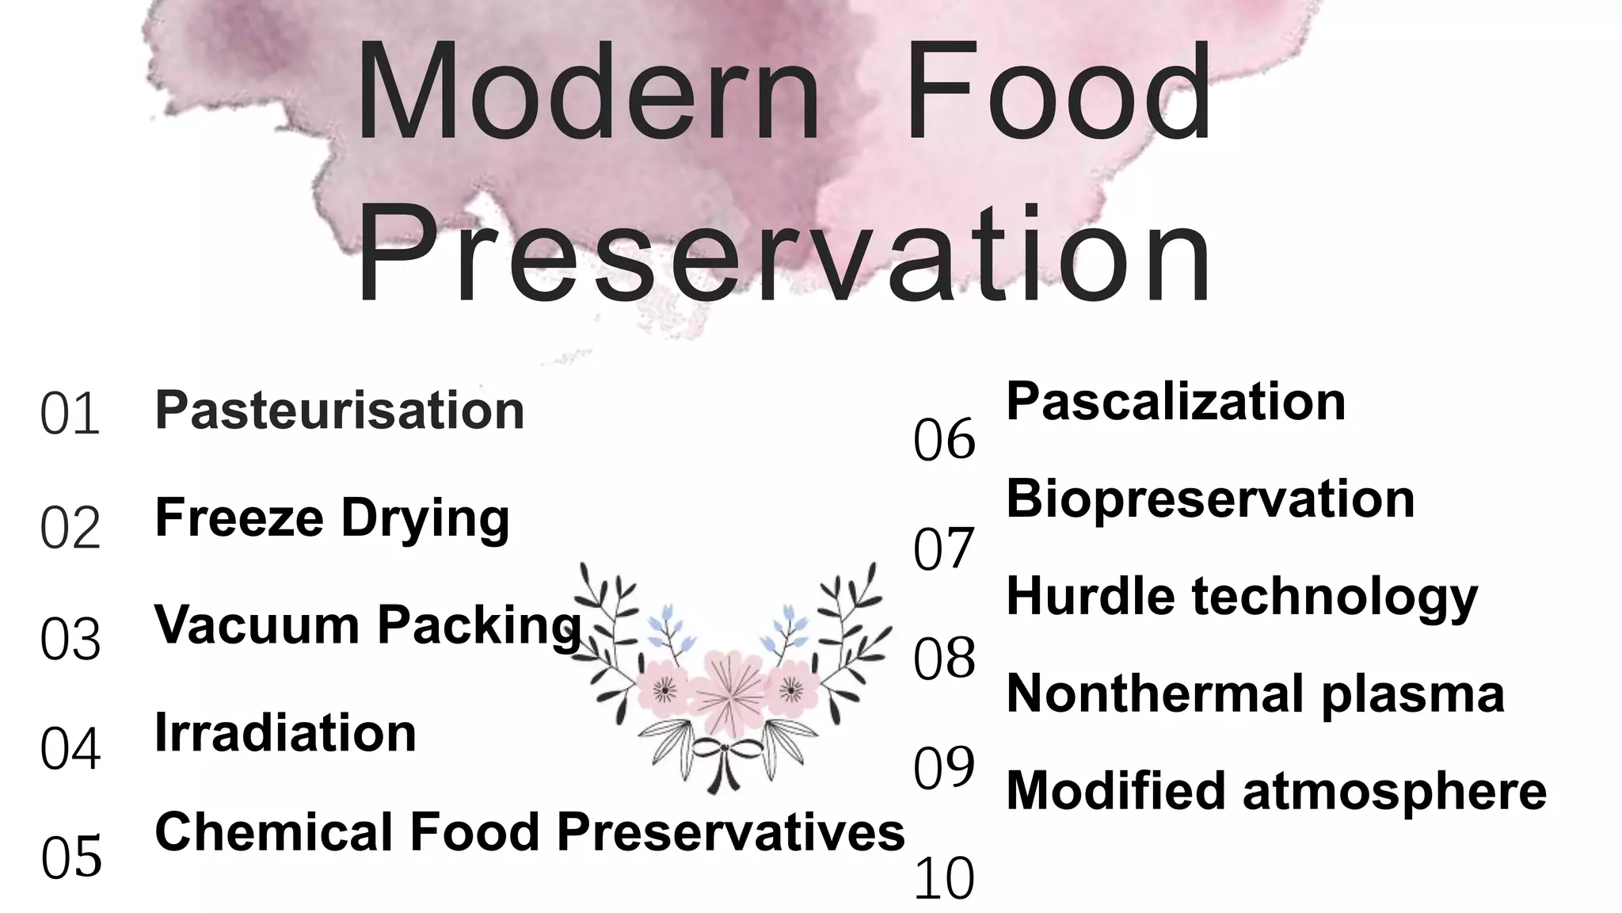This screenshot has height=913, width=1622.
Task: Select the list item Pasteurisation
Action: (340, 411)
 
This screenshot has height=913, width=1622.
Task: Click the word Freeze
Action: (239, 518)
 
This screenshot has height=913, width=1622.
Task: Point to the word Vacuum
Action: (257, 625)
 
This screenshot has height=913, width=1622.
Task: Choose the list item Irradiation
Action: (285, 732)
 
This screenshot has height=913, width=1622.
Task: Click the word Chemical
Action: (274, 832)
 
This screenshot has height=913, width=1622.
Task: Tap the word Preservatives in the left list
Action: (730, 832)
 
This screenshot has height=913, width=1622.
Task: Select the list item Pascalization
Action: (1175, 401)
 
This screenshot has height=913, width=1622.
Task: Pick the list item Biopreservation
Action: (1210, 499)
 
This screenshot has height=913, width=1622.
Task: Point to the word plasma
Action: (1413, 693)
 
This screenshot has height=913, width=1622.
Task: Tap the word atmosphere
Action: (1395, 791)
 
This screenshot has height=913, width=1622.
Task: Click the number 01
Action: (70, 414)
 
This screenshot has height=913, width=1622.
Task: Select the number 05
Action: (71, 858)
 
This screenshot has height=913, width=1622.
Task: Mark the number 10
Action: (943, 879)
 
